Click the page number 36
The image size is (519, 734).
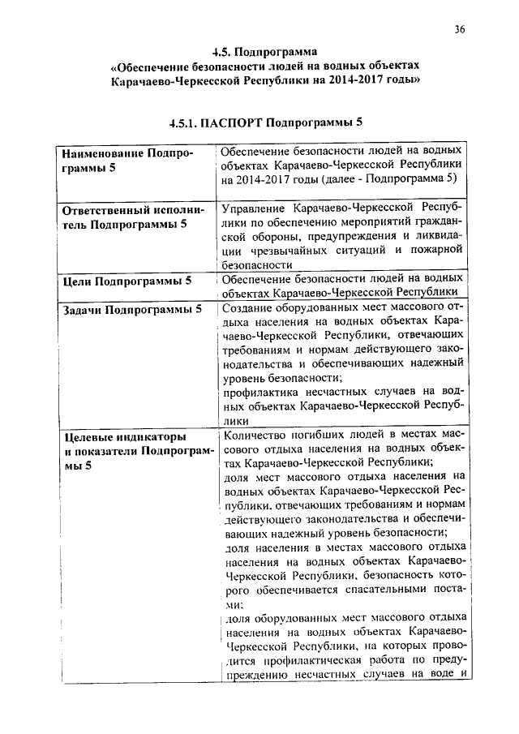coord(459,30)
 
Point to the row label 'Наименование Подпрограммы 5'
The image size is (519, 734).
coord(128,160)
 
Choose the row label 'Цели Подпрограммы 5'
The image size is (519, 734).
coord(127,281)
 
